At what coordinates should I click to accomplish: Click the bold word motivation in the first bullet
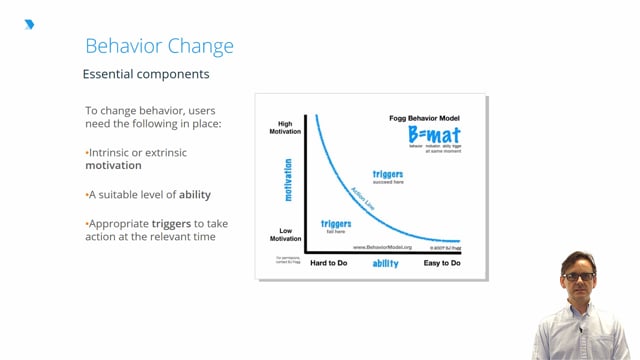(x=113, y=166)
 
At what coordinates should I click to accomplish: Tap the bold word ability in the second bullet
(x=195, y=194)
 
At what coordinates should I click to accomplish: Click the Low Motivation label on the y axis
(x=285, y=235)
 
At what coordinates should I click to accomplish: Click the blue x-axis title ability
(x=386, y=263)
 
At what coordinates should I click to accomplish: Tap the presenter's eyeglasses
(x=578, y=276)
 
